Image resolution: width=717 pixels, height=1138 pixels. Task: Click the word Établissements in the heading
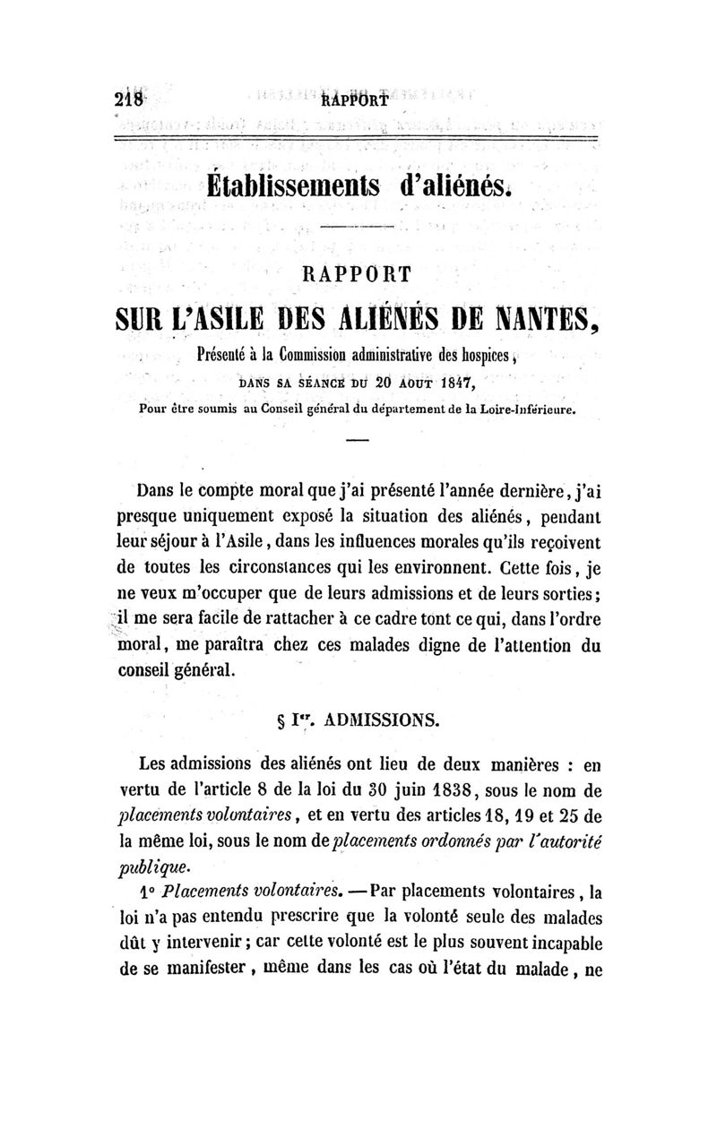click(x=293, y=185)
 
